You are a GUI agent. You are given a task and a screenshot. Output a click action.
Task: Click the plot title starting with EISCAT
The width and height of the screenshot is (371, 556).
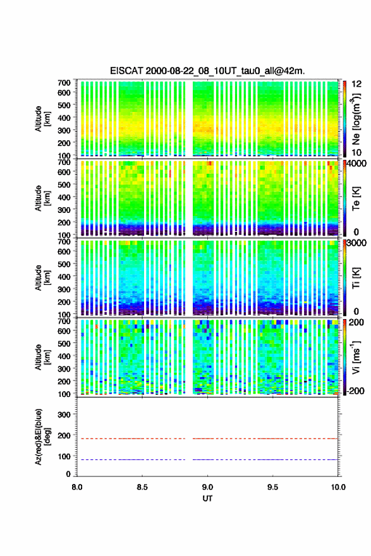207,71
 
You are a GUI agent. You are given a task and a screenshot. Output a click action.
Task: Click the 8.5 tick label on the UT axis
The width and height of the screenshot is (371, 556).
142,487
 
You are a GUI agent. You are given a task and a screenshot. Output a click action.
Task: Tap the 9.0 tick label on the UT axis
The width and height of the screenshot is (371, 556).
207,487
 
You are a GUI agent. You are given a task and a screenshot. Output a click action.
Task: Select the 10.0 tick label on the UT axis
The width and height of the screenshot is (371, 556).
338,487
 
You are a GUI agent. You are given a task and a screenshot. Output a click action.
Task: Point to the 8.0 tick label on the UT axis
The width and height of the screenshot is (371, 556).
77,487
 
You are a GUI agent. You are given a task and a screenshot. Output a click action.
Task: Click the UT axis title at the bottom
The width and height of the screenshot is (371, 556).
207,499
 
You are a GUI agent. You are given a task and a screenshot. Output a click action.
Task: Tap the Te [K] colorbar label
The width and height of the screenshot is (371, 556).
356,198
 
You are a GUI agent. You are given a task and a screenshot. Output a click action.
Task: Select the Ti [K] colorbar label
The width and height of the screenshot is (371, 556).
356,278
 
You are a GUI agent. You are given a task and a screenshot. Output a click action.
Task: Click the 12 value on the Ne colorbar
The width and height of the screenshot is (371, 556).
357,84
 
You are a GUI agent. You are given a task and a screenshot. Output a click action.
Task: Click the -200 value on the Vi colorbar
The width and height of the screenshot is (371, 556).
355,390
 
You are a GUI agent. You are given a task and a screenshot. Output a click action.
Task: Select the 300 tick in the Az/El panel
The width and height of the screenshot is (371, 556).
64,414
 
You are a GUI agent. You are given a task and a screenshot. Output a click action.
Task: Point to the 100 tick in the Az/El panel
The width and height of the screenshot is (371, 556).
64,456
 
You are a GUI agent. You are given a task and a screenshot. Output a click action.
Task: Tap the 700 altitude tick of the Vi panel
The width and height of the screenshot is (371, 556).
64,321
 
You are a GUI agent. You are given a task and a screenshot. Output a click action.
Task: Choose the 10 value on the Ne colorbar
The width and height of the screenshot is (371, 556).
357,152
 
